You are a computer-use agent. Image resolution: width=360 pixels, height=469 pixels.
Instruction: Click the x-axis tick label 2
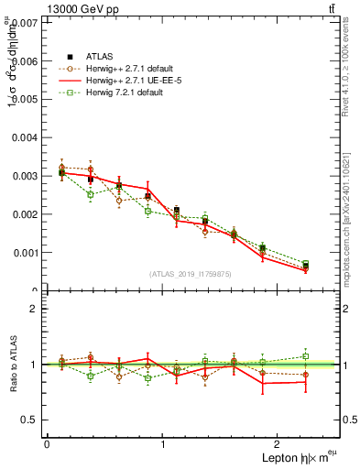click(279, 444)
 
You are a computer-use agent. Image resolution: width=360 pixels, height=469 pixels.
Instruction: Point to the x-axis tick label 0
click(47, 444)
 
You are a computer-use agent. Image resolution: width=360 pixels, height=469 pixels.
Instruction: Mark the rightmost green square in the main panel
click(306, 264)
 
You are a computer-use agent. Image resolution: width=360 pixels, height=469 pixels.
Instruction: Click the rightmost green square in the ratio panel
click(306, 356)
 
